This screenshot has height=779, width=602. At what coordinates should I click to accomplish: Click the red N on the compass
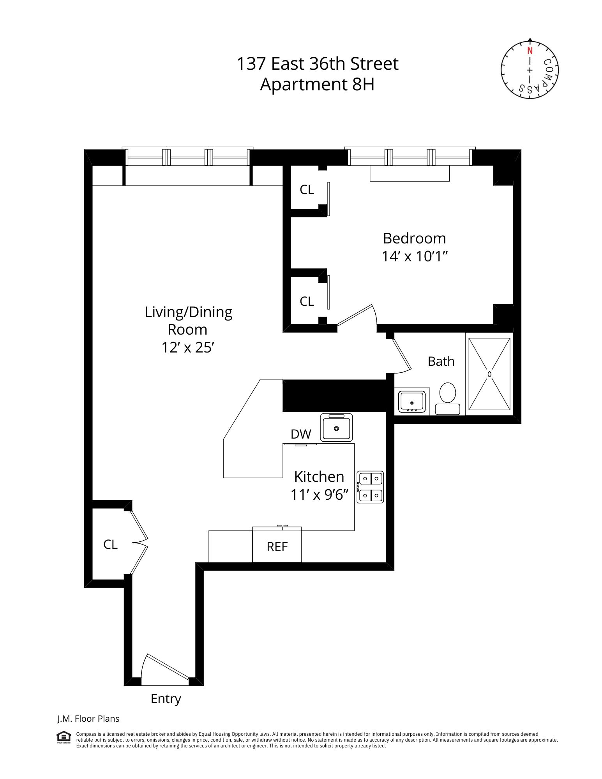point(530,51)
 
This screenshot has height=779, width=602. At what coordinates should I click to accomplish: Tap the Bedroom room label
point(414,238)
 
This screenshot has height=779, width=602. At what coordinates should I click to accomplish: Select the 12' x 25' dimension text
point(188,347)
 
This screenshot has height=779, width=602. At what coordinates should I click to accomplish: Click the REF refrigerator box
point(277,546)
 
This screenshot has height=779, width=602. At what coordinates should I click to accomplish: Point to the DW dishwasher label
point(301,434)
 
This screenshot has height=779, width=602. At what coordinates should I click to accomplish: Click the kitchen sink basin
point(336,428)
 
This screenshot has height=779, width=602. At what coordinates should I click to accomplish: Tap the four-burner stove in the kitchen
point(370,487)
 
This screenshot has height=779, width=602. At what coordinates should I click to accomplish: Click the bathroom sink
point(411,401)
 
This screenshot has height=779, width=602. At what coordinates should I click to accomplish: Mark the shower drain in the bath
point(489,374)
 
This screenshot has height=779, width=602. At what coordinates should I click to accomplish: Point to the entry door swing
point(164,670)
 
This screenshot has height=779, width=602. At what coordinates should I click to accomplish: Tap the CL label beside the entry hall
point(110,544)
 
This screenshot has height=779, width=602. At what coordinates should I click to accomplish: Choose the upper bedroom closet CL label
point(307,190)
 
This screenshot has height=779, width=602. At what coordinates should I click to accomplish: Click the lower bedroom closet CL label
point(307,301)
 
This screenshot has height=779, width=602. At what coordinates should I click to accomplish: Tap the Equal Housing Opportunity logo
point(64,737)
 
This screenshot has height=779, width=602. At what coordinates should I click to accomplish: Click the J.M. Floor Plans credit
point(88,719)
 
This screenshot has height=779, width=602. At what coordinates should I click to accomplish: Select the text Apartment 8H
point(317,84)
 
